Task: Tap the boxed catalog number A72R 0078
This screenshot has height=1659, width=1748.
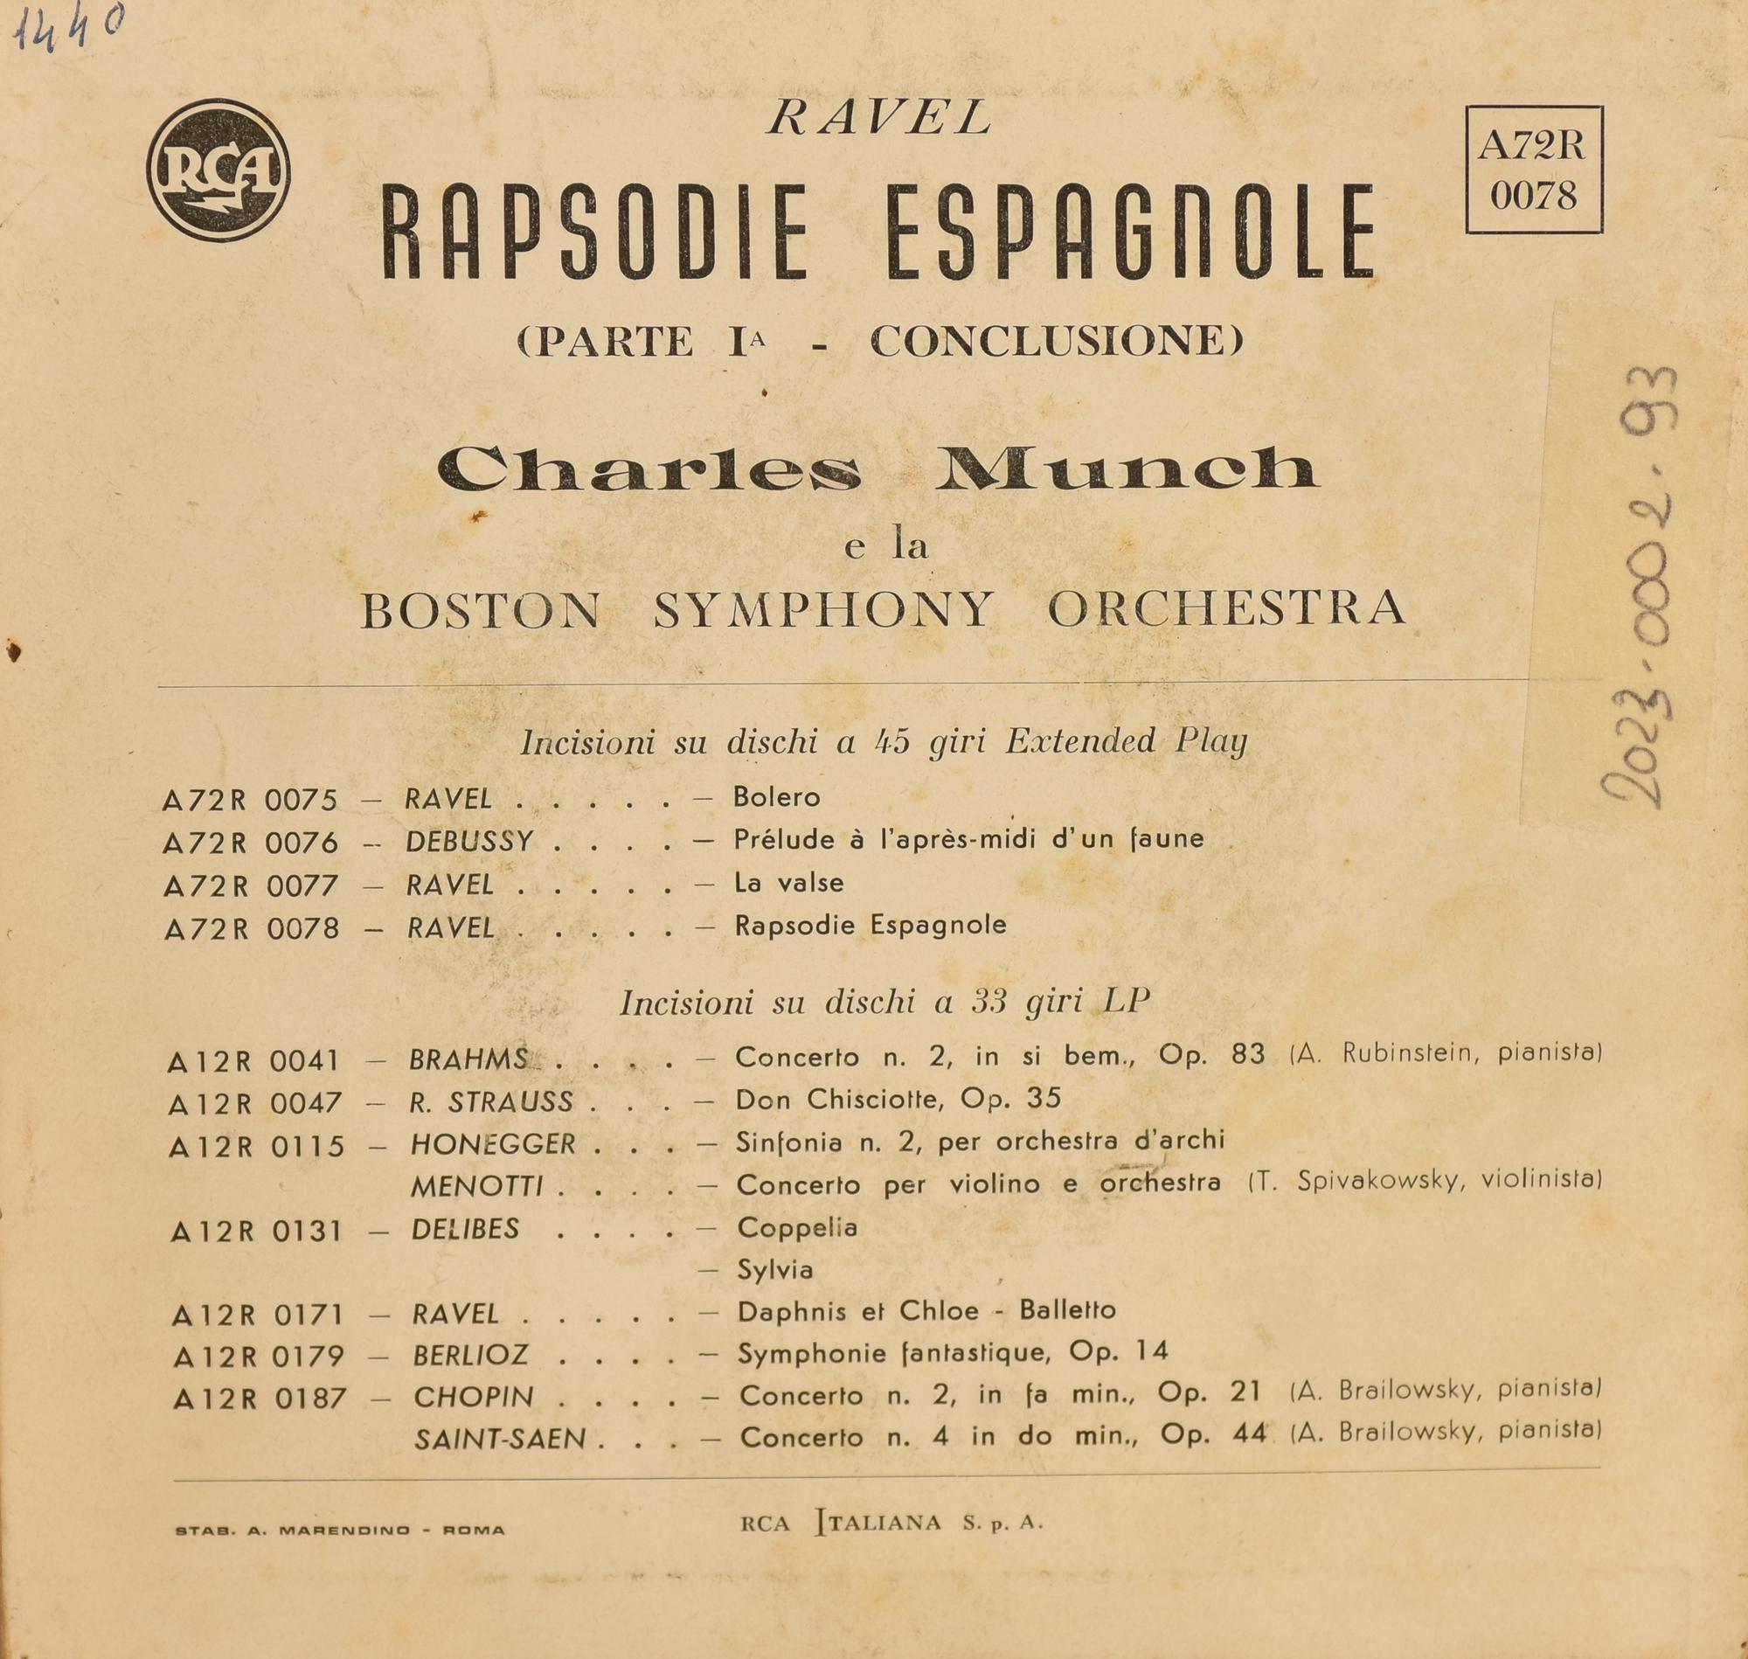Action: click(x=1533, y=170)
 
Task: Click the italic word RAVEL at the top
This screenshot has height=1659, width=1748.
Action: click(x=879, y=119)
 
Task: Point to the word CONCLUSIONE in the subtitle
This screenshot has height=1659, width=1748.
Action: click(x=1056, y=342)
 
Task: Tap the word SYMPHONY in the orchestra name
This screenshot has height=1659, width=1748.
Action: click(x=823, y=609)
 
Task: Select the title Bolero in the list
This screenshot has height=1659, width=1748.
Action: click(x=776, y=798)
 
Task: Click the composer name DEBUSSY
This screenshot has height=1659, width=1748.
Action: click(x=469, y=841)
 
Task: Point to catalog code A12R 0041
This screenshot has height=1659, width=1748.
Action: click(x=253, y=1061)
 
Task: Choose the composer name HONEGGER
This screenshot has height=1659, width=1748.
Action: click(x=492, y=1144)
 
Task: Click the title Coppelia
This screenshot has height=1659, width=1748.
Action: click(x=796, y=1227)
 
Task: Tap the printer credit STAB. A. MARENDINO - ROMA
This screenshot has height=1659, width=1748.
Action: click(x=340, y=1530)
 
